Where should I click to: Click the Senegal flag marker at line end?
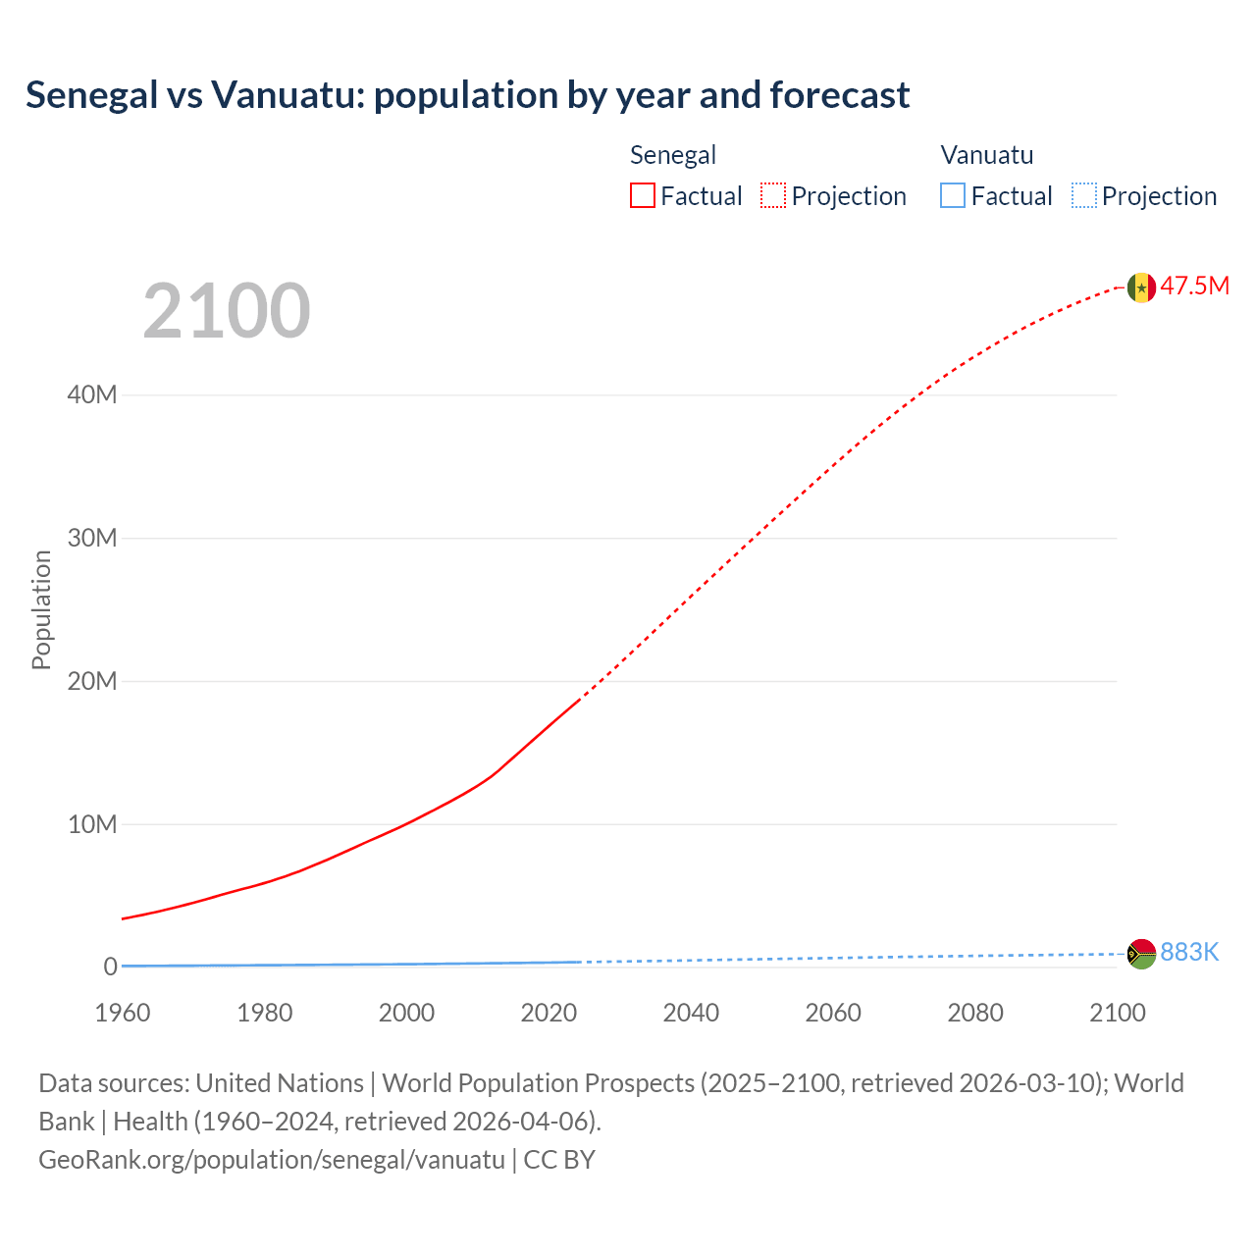(x=1141, y=287)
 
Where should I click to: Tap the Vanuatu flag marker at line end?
(x=1141, y=953)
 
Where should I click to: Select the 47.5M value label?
(x=1194, y=286)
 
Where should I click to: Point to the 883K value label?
(x=1189, y=952)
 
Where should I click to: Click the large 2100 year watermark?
(x=227, y=311)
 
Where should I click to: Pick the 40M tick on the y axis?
(x=92, y=394)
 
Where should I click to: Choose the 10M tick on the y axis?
(x=92, y=824)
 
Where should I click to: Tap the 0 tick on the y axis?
(x=110, y=967)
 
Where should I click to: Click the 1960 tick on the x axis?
(x=123, y=1013)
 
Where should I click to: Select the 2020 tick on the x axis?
(x=549, y=1013)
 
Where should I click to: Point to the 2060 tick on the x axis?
(x=833, y=1013)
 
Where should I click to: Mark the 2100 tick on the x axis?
(x=1117, y=1013)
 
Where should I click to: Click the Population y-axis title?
(x=41, y=609)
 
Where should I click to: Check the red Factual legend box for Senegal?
(x=643, y=195)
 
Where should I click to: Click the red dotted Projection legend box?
(x=773, y=195)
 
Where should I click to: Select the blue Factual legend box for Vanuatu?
(x=953, y=195)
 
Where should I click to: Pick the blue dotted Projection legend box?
(x=1084, y=195)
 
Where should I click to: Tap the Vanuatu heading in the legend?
(x=987, y=155)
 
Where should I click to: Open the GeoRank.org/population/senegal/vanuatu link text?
(x=272, y=1159)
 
